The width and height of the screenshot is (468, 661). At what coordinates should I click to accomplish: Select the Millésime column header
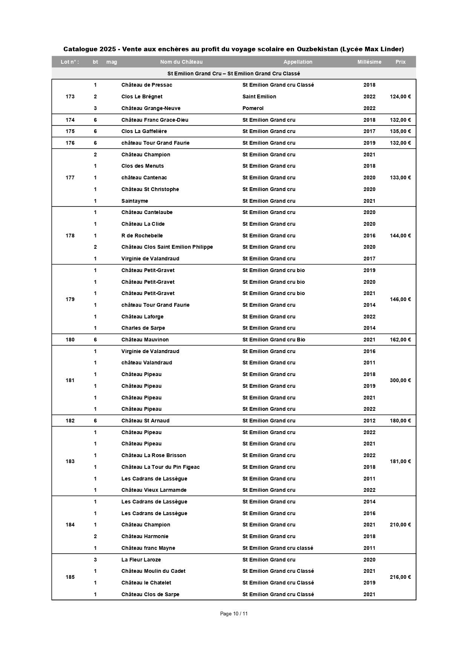[x=369, y=62]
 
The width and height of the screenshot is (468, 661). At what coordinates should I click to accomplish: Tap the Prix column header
[x=400, y=62]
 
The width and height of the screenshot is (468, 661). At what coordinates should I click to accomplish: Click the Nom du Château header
[x=181, y=62]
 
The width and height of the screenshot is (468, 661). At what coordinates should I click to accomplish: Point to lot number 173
[x=70, y=96]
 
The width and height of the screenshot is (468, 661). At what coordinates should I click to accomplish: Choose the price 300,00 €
[x=400, y=380]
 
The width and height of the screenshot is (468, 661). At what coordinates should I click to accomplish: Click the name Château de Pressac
[x=147, y=85]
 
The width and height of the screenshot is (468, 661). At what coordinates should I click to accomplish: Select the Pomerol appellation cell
[x=253, y=108]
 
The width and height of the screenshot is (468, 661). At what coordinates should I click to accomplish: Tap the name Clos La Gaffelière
[x=144, y=131]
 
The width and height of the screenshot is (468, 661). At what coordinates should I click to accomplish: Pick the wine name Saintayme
[x=135, y=201]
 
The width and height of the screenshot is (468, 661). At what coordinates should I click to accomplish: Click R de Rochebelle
[x=142, y=236]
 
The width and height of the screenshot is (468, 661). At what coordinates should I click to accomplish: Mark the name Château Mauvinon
[x=145, y=340]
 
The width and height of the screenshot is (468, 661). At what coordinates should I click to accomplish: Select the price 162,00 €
[x=400, y=340]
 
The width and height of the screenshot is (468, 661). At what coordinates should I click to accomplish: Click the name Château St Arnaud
[x=145, y=421]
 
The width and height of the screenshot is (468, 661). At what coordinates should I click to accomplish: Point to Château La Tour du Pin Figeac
[x=160, y=467]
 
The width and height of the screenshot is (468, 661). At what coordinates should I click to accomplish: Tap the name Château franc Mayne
[x=148, y=548]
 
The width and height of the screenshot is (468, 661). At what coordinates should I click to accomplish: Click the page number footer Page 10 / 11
[x=234, y=614]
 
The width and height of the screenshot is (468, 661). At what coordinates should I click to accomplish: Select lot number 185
[x=70, y=577]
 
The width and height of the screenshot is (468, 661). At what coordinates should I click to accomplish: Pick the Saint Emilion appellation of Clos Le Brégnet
[x=259, y=96]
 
